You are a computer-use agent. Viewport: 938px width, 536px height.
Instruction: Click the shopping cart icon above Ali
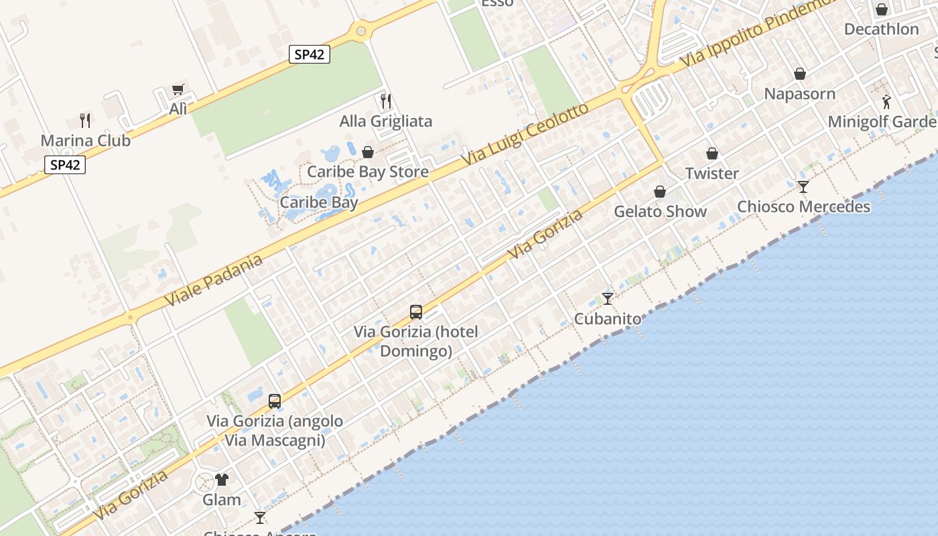tap(178, 89)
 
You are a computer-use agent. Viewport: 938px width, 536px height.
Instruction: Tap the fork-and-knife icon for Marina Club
tap(85, 121)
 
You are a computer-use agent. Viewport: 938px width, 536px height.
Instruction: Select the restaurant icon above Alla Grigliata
tap(385, 101)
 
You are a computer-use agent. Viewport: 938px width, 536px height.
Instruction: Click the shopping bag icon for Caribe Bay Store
tap(367, 152)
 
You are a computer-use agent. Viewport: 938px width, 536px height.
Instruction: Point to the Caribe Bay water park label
tap(319, 202)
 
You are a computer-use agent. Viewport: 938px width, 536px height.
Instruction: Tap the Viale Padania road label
tap(213, 281)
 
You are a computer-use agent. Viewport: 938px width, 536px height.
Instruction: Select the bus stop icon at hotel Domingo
tap(416, 312)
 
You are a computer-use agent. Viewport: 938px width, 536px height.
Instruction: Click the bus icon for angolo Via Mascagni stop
tap(275, 401)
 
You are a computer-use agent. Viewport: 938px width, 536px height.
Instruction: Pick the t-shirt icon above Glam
tap(222, 479)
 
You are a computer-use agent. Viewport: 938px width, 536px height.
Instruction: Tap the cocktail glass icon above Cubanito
tap(608, 298)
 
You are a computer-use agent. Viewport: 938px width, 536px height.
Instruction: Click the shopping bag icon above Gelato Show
tap(660, 192)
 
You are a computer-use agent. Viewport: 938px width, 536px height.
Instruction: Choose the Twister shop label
tap(712, 174)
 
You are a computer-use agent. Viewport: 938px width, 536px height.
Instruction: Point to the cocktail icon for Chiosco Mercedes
tap(803, 186)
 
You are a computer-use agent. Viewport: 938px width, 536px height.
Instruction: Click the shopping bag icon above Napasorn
tap(800, 73)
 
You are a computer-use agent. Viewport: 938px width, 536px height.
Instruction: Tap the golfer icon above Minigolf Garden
tap(886, 102)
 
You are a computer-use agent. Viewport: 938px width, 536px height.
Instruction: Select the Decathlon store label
tap(881, 29)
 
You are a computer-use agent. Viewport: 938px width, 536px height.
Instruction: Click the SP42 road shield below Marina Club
tap(66, 165)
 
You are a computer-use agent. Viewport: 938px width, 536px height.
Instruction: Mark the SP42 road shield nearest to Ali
tap(310, 54)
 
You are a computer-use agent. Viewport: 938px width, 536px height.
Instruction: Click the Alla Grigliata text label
tap(386, 121)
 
